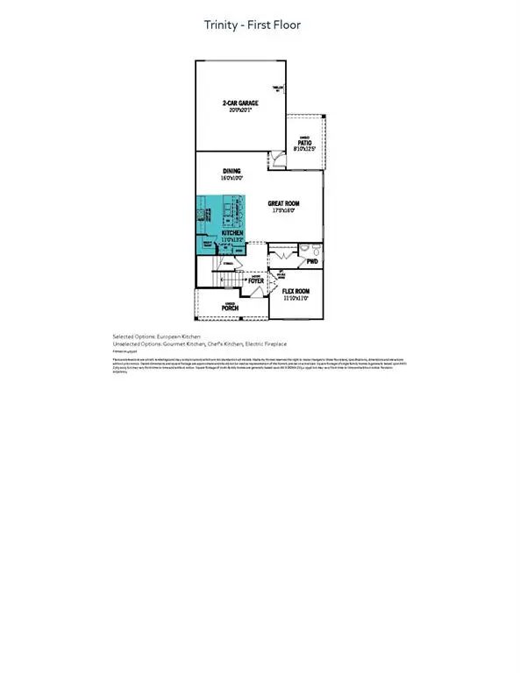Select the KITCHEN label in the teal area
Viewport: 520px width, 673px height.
pos(219,232)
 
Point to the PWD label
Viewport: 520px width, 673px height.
pos(311,262)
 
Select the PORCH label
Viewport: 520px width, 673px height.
pos(230,308)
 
